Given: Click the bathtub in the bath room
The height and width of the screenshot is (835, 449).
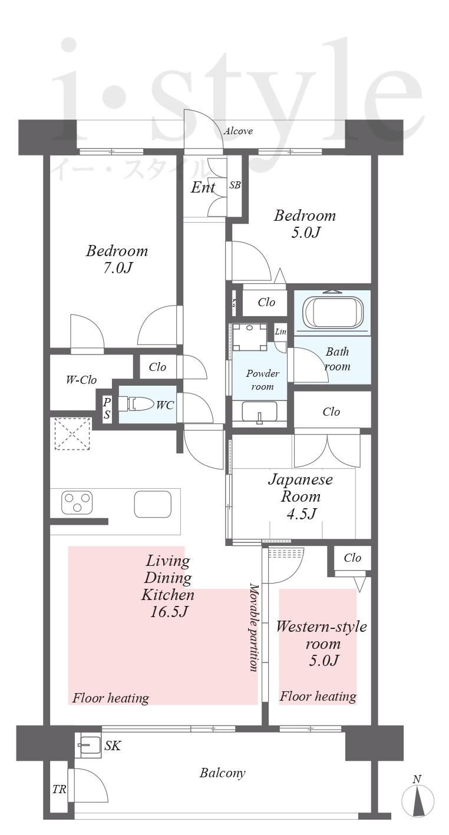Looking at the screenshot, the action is tap(333, 313).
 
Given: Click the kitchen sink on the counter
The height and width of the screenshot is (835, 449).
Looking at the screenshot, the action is tap(153, 504).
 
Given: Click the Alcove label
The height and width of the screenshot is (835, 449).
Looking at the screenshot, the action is tap(238, 131).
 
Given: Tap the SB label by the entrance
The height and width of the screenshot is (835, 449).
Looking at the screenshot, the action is tap(235, 185).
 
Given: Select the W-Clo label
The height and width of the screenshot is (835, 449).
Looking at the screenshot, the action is tap(81, 380).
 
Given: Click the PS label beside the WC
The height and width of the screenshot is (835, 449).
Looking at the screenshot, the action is tap(107, 409).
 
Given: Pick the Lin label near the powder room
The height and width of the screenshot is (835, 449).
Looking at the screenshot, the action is tap(280, 332).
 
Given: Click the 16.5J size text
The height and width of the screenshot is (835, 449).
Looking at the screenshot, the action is tap(169, 612).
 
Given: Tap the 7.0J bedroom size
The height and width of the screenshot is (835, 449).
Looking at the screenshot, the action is tap(118, 268).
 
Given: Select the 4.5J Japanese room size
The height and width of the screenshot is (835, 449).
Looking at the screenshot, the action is tap(301, 513).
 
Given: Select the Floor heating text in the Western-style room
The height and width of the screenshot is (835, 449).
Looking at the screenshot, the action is tap(318, 697).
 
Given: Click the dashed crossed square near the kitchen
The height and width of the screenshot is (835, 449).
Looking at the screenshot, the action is tap(72, 434).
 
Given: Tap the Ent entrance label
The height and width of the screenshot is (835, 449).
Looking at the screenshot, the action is tap(203, 187).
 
